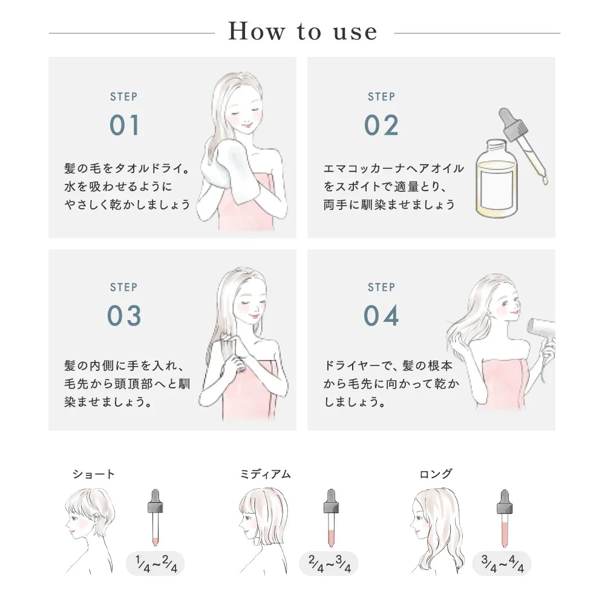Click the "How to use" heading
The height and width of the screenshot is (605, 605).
pyautogui.click(x=302, y=31)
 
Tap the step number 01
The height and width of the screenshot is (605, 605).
pyautogui.click(x=124, y=125)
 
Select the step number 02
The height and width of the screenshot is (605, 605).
pyautogui.click(x=381, y=125)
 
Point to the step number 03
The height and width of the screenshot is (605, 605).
pyautogui.click(x=124, y=316)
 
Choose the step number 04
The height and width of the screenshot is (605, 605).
pyautogui.click(x=381, y=316)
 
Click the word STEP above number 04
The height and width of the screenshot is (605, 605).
pyautogui.click(x=381, y=287)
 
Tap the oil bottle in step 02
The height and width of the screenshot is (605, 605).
pyautogui.click(x=496, y=178)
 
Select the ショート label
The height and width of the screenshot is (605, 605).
pyautogui.click(x=93, y=474)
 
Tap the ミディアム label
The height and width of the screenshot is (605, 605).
pyautogui.click(x=266, y=474)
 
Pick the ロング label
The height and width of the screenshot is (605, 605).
pyautogui.click(x=436, y=474)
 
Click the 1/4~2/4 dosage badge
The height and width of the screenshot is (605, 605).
pyautogui.click(x=155, y=563)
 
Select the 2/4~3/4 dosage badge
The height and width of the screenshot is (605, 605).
pyautogui.click(x=329, y=563)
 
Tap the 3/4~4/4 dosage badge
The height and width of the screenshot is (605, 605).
pyautogui.click(x=502, y=563)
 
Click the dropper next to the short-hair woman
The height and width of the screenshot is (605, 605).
pyautogui.click(x=155, y=518)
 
